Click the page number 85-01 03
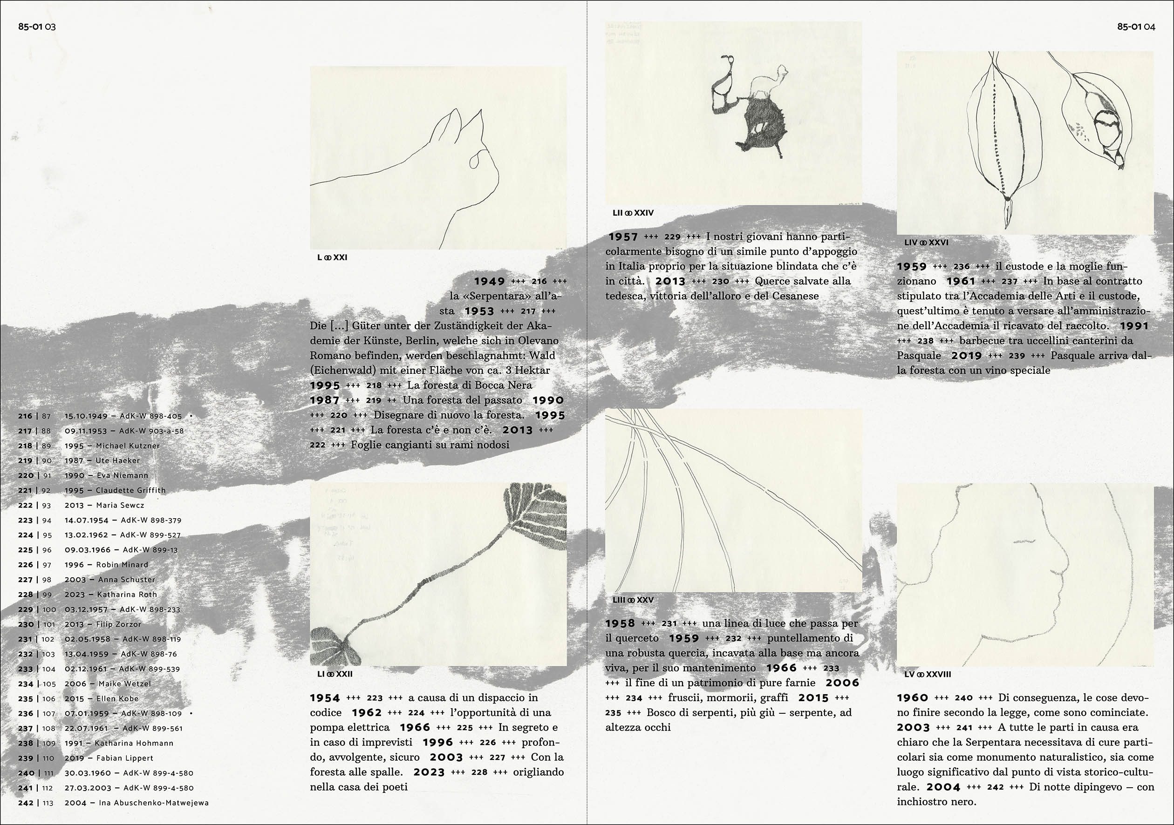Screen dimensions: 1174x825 pyautogui.click(x=37, y=27)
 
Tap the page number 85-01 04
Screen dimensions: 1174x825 pyautogui.click(x=1136, y=27)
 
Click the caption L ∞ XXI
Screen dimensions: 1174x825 pyautogui.click(x=332, y=257)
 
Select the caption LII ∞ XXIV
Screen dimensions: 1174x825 pyautogui.click(x=633, y=213)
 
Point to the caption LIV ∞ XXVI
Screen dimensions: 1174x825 pyautogui.click(x=926, y=242)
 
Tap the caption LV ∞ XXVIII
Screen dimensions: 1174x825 pyautogui.click(x=928, y=674)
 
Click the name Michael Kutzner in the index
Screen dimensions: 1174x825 pyautogui.click(x=128, y=446)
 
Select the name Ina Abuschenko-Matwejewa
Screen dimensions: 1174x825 pyautogui.click(x=154, y=803)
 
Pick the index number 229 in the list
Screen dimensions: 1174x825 pyautogui.click(x=26, y=609)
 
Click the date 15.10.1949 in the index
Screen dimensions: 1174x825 pyautogui.click(x=86, y=416)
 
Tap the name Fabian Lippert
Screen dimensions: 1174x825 pyautogui.click(x=125, y=758)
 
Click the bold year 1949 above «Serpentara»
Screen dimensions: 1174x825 pyautogui.click(x=489, y=281)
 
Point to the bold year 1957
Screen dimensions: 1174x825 pyautogui.click(x=623, y=237)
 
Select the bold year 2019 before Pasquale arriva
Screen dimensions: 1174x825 pyautogui.click(x=967, y=355)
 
